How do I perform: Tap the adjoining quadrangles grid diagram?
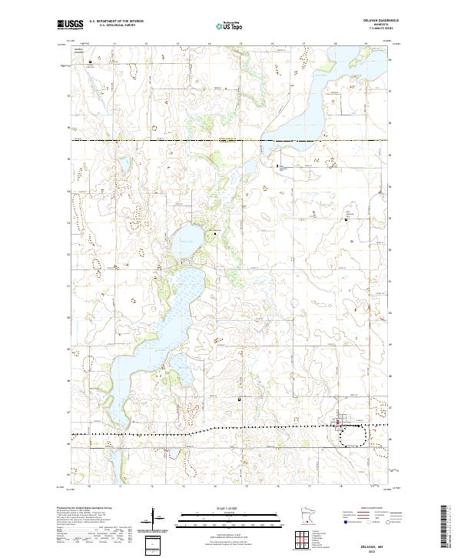coord(304,541)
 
